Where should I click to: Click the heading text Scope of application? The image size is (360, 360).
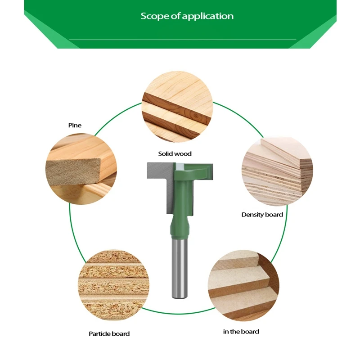point(187,16)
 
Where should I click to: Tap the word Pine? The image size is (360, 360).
point(75,125)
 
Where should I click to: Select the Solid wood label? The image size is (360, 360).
point(175,154)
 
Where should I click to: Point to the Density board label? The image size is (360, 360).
point(262,215)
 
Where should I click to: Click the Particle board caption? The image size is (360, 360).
point(109,333)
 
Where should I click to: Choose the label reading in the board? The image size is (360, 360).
point(241,332)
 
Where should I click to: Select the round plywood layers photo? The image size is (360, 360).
point(277,171)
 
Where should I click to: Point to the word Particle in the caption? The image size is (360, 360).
point(99,333)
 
